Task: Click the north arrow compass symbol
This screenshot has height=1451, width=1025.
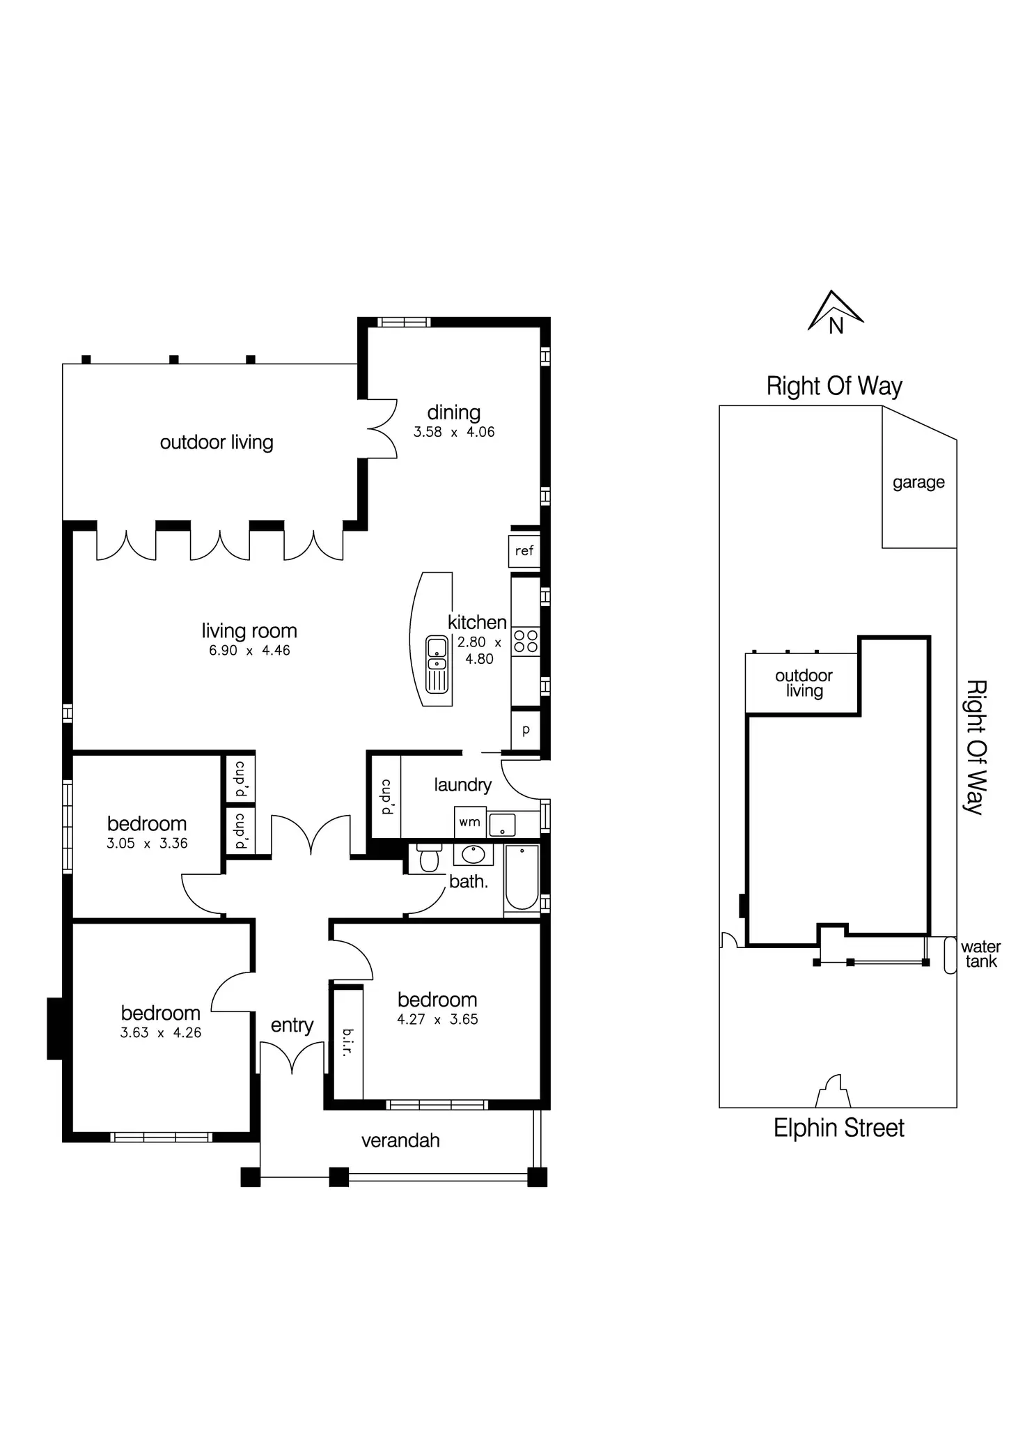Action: (x=836, y=313)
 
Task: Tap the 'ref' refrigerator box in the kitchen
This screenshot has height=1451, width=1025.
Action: (x=524, y=551)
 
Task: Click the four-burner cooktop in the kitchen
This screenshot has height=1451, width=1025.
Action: (x=526, y=642)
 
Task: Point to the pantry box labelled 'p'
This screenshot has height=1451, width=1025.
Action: (x=526, y=730)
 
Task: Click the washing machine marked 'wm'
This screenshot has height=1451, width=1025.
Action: (x=469, y=822)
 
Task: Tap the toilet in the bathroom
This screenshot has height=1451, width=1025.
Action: (x=429, y=858)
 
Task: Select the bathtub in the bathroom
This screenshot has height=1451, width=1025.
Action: (x=522, y=878)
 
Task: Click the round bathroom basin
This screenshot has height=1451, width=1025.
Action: (x=474, y=853)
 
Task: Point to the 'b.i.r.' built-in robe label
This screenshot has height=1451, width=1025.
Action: (x=348, y=1043)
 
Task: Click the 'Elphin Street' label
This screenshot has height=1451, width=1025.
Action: (x=838, y=1128)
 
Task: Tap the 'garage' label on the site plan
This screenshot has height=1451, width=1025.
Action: (x=918, y=482)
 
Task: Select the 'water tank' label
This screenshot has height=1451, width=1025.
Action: (x=980, y=954)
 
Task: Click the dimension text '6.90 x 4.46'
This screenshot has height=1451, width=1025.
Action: (x=249, y=651)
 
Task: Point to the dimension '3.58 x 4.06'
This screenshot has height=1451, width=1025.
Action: (x=454, y=432)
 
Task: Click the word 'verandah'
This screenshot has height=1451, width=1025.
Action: (x=400, y=1140)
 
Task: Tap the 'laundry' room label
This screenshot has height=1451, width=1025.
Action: (x=462, y=785)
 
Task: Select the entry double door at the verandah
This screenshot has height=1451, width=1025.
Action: (x=292, y=1057)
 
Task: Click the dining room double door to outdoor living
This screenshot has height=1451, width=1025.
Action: (x=380, y=428)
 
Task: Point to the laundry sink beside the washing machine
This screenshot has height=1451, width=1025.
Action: (x=502, y=824)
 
